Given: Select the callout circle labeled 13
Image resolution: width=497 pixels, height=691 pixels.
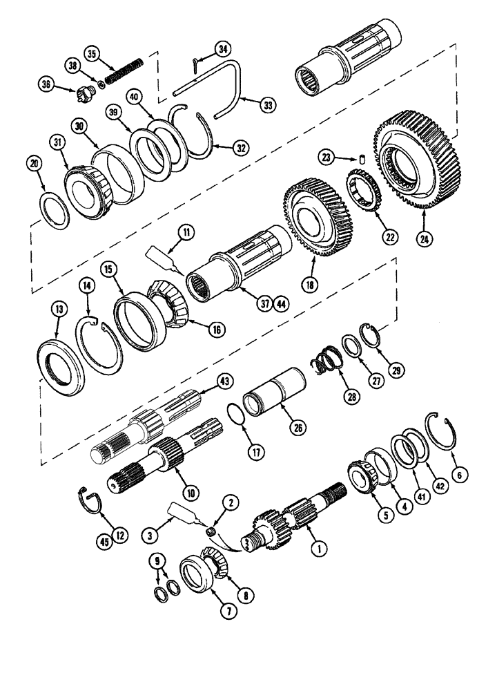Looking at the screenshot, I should [59, 310].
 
